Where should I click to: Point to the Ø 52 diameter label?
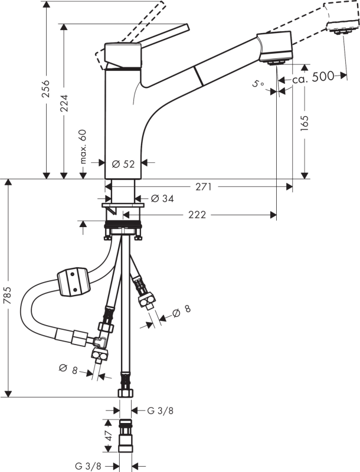click(123, 164)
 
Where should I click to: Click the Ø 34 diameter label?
click(162, 199)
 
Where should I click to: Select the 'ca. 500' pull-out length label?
click(314, 76)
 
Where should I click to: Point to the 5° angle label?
click(258, 84)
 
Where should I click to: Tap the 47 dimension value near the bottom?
click(107, 437)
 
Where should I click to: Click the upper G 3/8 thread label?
click(161, 411)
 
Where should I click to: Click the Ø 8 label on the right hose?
click(182, 309)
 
